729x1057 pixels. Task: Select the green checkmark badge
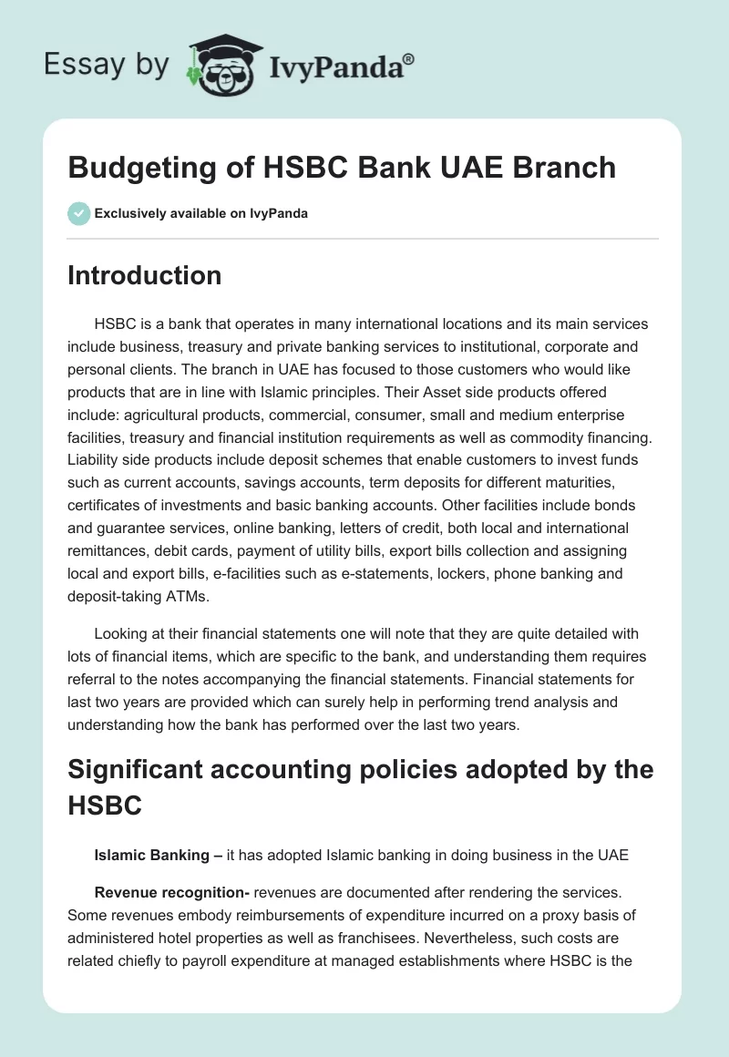pyautogui.click(x=78, y=213)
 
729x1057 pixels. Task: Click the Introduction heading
pyautogui.click(x=144, y=275)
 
